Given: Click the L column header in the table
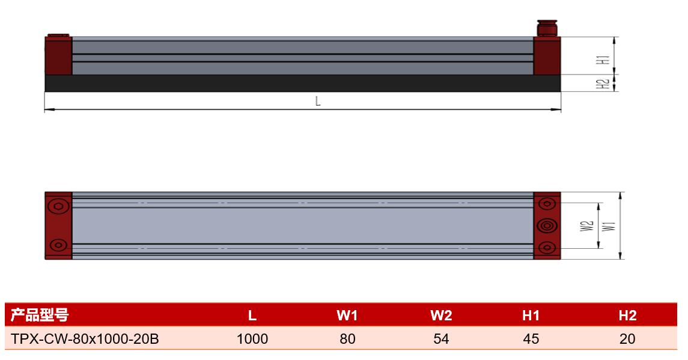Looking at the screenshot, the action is (252, 315).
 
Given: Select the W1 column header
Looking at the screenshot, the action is (347, 315).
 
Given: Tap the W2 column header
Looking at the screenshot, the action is (441, 315).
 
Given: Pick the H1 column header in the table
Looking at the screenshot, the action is (531, 315).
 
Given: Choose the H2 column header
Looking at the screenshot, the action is (627, 315).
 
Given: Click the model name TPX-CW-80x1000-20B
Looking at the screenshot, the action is (85, 339).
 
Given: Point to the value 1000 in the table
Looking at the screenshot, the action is (252, 339).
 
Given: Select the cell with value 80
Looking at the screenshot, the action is (347, 339).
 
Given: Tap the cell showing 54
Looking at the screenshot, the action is (441, 339).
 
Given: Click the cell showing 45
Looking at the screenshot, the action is (531, 339).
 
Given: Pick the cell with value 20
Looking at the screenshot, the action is (627, 339).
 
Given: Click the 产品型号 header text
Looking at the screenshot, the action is (40, 315).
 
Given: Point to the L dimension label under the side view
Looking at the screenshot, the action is (318, 102).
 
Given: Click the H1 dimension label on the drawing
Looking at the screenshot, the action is (605, 59).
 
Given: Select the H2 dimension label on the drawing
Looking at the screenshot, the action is (605, 84).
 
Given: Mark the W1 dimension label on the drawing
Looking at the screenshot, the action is (610, 225).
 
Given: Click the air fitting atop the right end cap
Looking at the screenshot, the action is (547, 28).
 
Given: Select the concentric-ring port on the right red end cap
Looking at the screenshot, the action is (547, 225).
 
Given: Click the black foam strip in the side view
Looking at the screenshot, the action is (303, 83).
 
